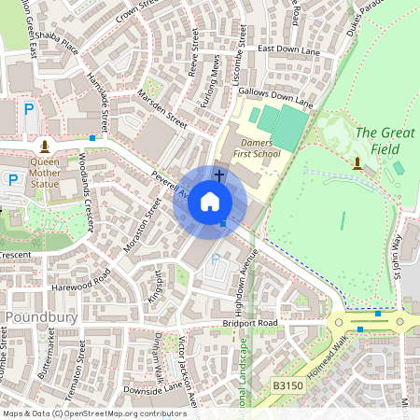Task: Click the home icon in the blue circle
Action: (210, 201)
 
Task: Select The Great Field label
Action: (385, 140)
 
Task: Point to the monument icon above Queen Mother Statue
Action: (44, 147)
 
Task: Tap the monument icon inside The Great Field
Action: (357, 164)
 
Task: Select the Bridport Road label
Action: (245, 324)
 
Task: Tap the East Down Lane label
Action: (288, 50)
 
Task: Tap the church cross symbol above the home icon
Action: (219, 175)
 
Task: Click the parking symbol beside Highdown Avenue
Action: (217, 259)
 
